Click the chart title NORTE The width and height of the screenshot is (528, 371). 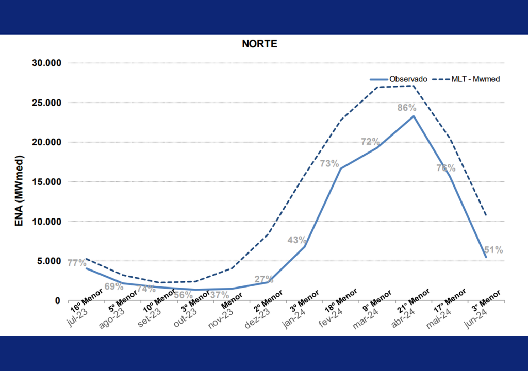(259, 44)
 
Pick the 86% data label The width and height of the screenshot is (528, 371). (406, 108)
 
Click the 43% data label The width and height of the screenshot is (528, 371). (297, 240)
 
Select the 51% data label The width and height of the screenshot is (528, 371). (493, 250)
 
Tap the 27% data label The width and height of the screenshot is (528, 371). (264, 279)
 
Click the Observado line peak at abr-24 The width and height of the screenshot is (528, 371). (413, 116)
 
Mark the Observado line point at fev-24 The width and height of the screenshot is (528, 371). (340, 168)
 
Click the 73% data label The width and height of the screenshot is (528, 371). (329, 164)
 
